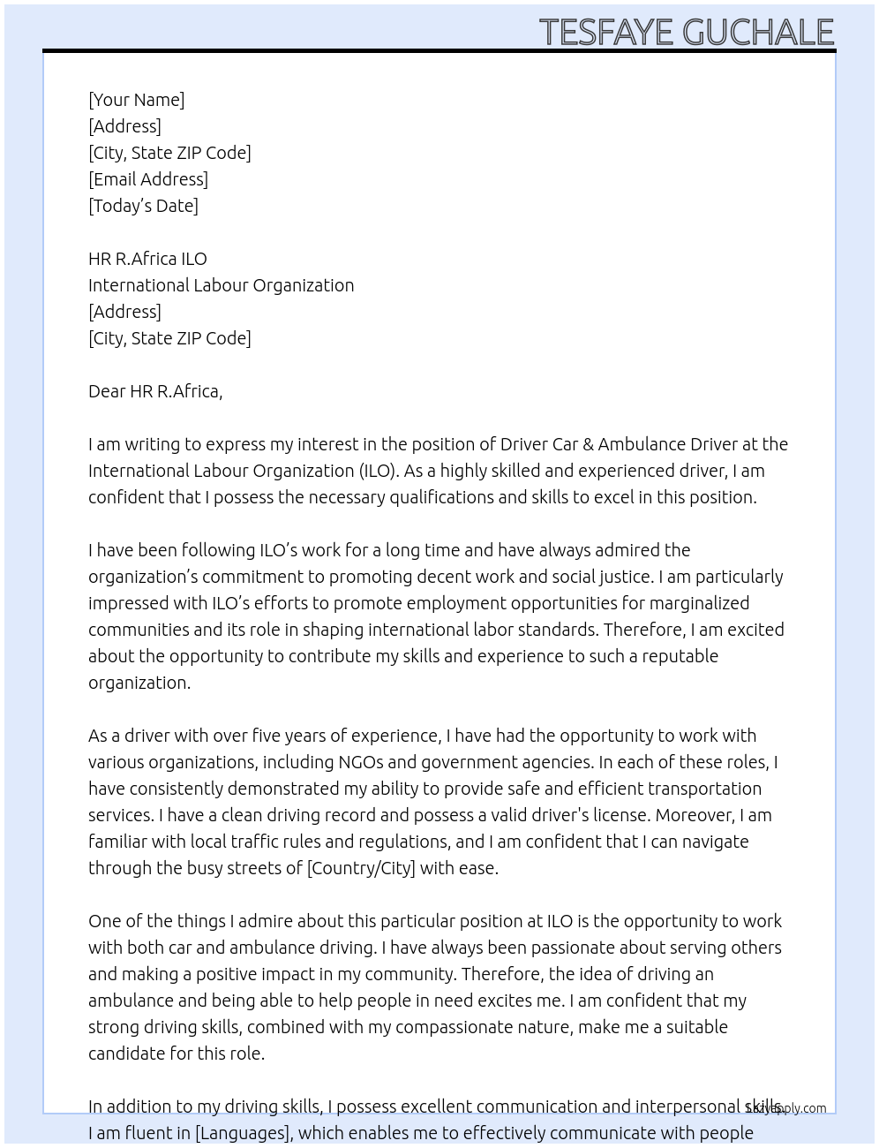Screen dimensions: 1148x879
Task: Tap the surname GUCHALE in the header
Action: click(x=758, y=32)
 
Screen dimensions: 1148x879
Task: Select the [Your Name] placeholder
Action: click(x=136, y=100)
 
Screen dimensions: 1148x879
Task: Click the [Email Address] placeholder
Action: click(x=148, y=179)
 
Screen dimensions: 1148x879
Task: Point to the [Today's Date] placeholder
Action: click(x=143, y=206)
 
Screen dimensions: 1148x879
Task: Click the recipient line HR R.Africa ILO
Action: click(x=147, y=259)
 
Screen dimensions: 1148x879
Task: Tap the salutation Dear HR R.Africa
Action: click(x=155, y=391)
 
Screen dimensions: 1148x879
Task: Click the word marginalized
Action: click(x=693, y=603)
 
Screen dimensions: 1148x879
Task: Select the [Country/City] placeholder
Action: click(x=360, y=868)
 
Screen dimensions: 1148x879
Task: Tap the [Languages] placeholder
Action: click(x=242, y=1133)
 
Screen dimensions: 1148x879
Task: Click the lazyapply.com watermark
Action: click(x=786, y=1108)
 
